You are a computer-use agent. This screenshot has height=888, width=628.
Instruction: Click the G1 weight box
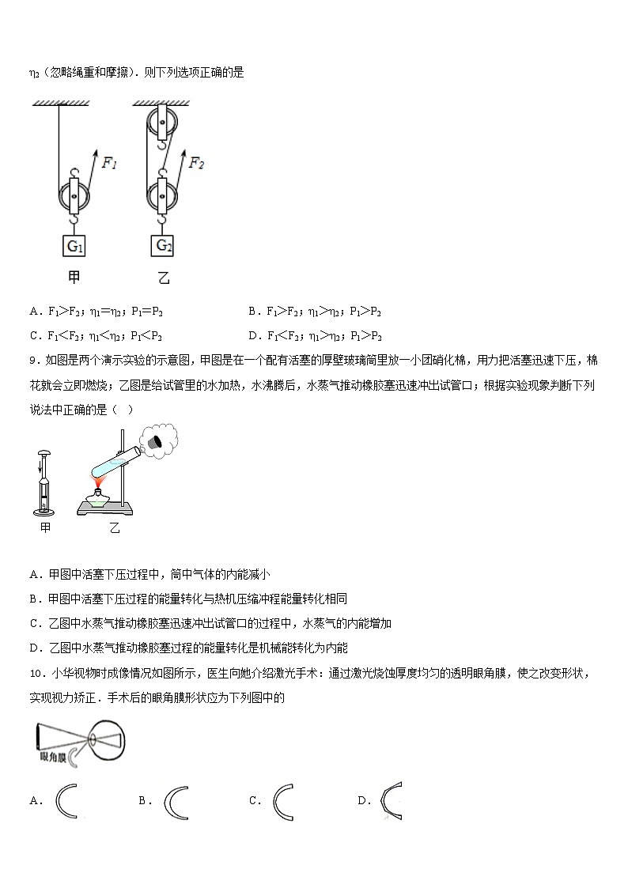tap(74, 246)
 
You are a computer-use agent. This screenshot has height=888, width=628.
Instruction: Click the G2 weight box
tap(163, 245)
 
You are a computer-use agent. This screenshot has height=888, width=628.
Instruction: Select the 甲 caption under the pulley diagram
tap(74, 278)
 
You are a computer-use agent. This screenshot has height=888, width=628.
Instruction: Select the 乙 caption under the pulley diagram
tap(163, 278)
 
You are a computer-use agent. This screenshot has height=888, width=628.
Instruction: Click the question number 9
tap(33, 361)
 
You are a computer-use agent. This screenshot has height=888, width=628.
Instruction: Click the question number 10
tap(36, 673)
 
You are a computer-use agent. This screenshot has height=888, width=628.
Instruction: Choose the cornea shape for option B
tap(176, 800)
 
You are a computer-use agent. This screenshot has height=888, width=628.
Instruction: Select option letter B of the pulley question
tap(252, 312)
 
